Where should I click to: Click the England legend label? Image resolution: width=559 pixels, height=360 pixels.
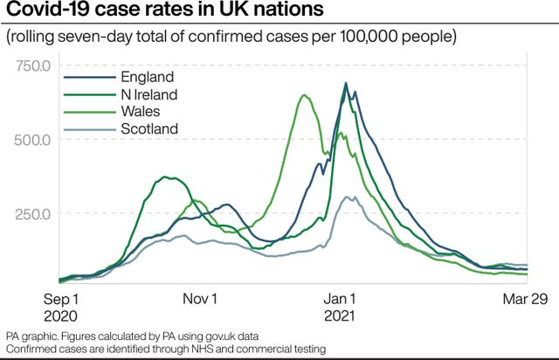[x=148, y=77]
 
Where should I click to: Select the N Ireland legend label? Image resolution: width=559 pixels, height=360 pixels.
[x=149, y=94]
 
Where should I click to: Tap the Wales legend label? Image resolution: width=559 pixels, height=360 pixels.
[x=141, y=111]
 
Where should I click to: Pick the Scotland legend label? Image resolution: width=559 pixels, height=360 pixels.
[x=149, y=128]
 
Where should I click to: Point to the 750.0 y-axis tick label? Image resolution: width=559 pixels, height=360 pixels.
[x=33, y=66]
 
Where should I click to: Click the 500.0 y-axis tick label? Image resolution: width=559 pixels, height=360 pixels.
[x=32, y=140]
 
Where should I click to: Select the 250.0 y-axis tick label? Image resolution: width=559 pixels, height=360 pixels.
[x=33, y=214]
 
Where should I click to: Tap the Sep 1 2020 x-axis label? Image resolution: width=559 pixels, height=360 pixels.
[x=60, y=308]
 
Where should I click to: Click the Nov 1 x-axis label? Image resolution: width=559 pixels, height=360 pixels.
[x=200, y=299]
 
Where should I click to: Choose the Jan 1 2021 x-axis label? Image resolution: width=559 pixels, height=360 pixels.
[x=340, y=308]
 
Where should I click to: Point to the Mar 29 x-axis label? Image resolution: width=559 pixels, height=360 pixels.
[x=525, y=299]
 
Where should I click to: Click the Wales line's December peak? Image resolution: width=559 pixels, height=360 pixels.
[x=304, y=95]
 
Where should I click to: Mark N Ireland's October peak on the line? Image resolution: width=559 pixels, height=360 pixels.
[x=165, y=177]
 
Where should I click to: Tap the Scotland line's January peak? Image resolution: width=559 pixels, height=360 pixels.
[x=346, y=197]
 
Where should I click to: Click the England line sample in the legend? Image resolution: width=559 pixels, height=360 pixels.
[x=90, y=78]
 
